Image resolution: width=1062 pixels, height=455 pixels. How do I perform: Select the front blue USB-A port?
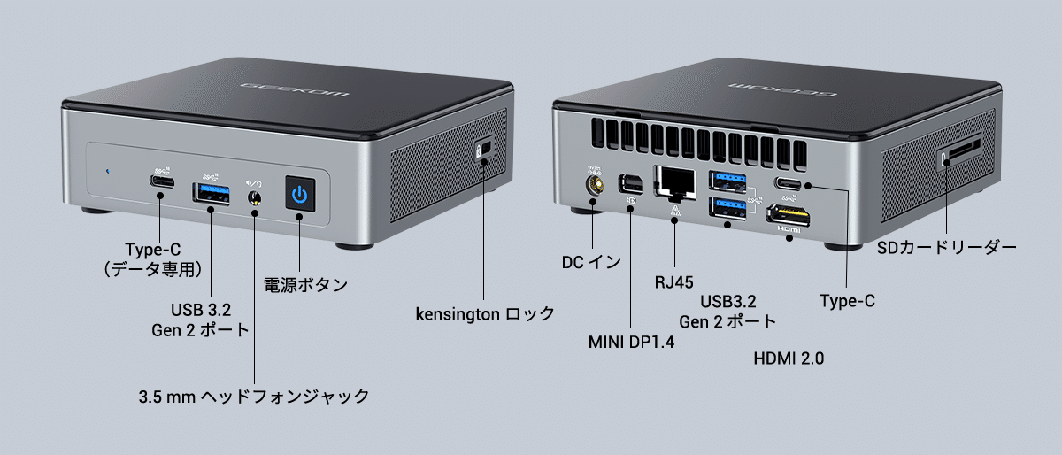click(x=211, y=189)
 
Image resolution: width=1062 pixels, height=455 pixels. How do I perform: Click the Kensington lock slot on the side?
click(x=483, y=150)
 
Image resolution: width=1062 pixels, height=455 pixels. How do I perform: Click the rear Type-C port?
click(x=790, y=183)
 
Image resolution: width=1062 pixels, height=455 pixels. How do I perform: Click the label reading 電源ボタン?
click(x=305, y=285)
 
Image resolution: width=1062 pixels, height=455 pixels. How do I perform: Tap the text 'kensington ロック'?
click(x=485, y=313)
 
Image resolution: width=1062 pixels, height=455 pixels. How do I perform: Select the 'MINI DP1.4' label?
click(x=631, y=342)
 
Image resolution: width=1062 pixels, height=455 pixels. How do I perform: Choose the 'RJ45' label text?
click(x=673, y=282)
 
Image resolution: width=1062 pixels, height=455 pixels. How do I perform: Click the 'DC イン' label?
click(x=591, y=262)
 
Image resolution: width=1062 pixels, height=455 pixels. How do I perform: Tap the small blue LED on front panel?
click(x=107, y=172)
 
